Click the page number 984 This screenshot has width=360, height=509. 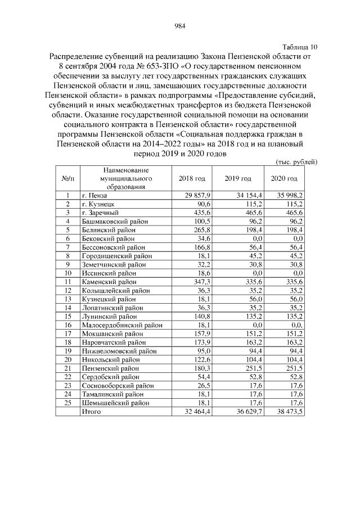tap(180, 25)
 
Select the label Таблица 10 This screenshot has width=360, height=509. tap(299, 47)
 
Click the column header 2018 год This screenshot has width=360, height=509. tap(192, 178)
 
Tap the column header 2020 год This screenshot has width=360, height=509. tap(284, 178)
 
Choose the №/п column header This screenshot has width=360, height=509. tap(67, 178)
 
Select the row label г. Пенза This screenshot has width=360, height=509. tap(96, 195)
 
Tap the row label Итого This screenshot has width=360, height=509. tap(92, 411)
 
